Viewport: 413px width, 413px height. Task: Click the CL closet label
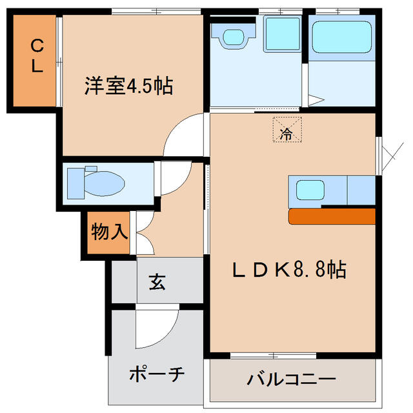[x=36, y=55]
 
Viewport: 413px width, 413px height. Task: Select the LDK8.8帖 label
[x=289, y=269]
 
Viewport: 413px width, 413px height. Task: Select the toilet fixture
[x=103, y=183]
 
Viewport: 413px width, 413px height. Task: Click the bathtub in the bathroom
[x=341, y=37]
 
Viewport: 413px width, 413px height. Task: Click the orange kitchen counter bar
[x=332, y=216]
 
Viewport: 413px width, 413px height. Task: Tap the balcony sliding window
[x=272, y=356]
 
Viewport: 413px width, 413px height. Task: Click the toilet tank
[x=76, y=182]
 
